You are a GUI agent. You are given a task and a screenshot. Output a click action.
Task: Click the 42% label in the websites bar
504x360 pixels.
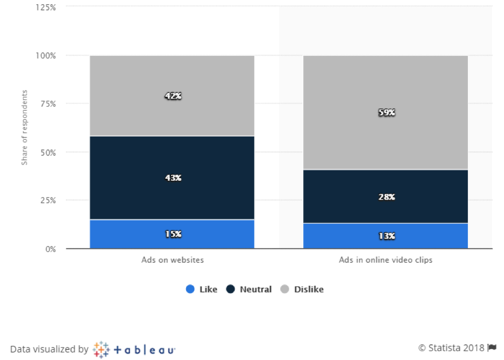pyautogui.click(x=172, y=96)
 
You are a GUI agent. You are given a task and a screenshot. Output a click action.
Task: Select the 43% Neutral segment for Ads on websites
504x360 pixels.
pyautogui.click(x=172, y=178)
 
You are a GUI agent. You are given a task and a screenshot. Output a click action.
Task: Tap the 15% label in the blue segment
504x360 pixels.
pyautogui.click(x=172, y=234)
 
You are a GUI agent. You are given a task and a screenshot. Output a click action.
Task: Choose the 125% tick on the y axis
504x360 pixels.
pyautogui.click(x=47, y=7)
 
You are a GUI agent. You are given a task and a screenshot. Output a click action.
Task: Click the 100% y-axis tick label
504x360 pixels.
pyautogui.click(x=47, y=55)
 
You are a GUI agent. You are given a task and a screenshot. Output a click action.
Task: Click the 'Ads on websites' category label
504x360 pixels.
pyautogui.click(x=172, y=260)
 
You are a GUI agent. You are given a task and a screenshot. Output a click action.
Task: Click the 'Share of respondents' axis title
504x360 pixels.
pyautogui.click(x=25, y=128)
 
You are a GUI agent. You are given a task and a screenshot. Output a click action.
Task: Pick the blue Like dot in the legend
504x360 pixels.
pyautogui.click(x=190, y=289)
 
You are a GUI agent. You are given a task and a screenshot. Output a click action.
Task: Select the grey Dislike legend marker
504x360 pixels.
pyautogui.click(x=285, y=289)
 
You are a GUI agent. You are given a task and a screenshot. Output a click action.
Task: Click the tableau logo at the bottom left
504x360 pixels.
pyautogui.click(x=134, y=349)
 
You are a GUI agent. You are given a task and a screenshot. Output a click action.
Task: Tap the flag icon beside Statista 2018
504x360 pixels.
pyautogui.click(x=492, y=347)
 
